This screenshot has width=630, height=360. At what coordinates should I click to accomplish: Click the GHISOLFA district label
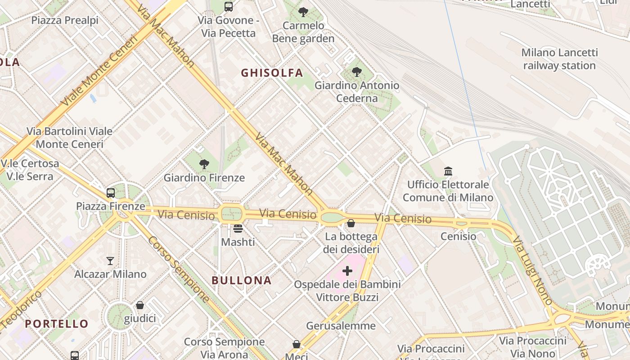[272, 73]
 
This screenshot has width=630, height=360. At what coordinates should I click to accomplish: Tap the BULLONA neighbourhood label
[242, 280]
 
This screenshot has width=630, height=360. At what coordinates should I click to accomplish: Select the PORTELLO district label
[57, 324]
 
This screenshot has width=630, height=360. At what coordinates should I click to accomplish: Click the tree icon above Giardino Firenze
[204, 164]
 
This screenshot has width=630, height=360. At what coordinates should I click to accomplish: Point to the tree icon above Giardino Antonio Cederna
[357, 72]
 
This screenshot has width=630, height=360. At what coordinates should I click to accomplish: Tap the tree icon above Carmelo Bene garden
[303, 12]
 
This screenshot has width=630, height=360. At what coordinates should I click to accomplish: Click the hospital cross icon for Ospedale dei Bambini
[347, 271]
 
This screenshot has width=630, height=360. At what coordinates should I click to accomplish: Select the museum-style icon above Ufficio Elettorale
[448, 171]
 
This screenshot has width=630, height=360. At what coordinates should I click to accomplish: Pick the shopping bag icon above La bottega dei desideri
[351, 223]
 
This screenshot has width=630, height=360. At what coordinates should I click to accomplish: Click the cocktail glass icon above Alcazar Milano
[110, 261]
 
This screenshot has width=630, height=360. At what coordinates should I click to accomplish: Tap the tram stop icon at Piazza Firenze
[111, 193]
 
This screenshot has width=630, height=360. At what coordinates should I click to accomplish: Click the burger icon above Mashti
[238, 229]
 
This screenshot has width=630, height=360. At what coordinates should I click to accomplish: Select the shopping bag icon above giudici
[140, 305]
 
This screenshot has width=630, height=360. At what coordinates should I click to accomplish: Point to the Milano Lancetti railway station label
[559, 59]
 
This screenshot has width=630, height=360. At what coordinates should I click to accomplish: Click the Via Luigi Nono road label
[532, 271]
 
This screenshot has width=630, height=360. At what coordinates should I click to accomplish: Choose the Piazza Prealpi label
[65, 20]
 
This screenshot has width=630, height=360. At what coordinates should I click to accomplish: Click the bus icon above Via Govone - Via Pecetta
[229, 7]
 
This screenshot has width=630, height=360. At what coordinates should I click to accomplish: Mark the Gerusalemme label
[341, 325]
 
